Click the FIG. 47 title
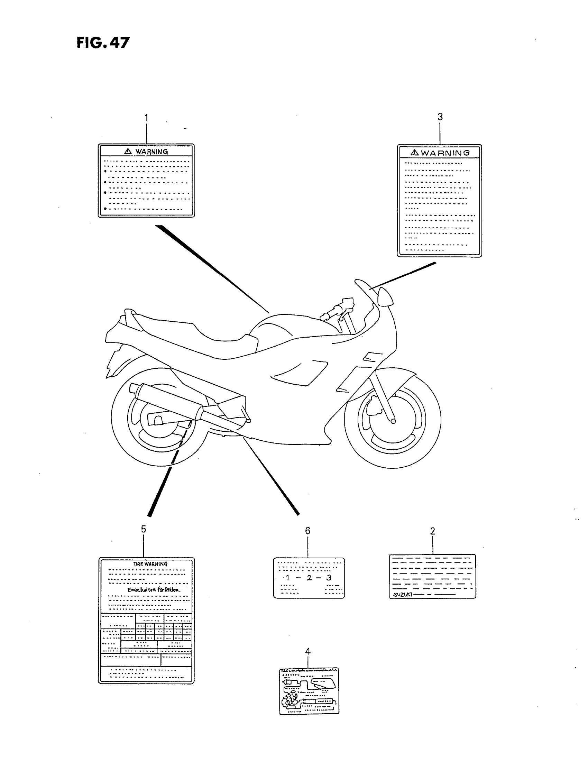pyautogui.click(x=103, y=43)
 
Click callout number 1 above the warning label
pyautogui.click(x=146, y=118)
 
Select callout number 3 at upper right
pyautogui.click(x=440, y=117)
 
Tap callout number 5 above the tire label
pyautogui.click(x=143, y=529)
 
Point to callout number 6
pyautogui.click(x=307, y=531)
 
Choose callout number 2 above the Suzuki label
pyautogui.click(x=432, y=531)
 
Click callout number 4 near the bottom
pyautogui.click(x=307, y=651)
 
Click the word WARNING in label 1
pyautogui.click(x=151, y=152)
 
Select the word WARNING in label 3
pyautogui.click(x=445, y=153)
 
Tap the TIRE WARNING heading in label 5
pyautogui.click(x=150, y=564)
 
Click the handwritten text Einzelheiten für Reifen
pyautogui.click(x=154, y=590)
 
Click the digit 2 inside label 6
pyautogui.click(x=309, y=578)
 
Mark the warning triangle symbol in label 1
pyautogui.click(x=128, y=151)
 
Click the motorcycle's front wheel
pyautogui.click(x=393, y=418)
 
